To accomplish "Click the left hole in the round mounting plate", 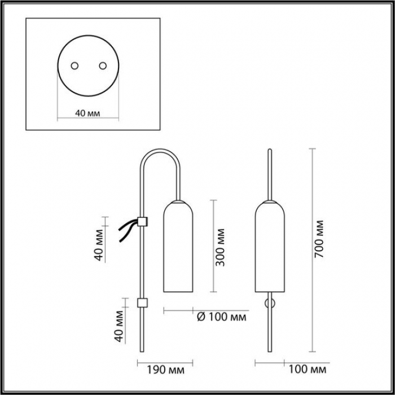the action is (x=74, y=66).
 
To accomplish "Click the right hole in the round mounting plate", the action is (x=103, y=66).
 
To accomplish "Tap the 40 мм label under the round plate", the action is (x=87, y=113).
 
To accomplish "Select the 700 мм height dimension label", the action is (x=319, y=239).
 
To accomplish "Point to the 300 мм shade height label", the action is (x=220, y=247).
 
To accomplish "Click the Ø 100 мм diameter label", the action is (x=221, y=317).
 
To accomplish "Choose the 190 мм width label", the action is (x=165, y=370).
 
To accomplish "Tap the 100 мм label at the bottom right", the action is (x=307, y=369).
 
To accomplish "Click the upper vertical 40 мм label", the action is (x=99, y=245).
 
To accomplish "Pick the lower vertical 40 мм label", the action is (x=119, y=326).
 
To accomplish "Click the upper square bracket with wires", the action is (x=142, y=221).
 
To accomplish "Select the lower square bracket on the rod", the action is (x=142, y=303).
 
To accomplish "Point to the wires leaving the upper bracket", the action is (x=129, y=230).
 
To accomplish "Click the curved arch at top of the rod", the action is (x=160, y=161).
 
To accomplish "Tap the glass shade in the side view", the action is (x=178, y=247).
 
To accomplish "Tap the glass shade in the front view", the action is (x=270, y=247).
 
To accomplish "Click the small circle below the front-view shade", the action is (x=270, y=304).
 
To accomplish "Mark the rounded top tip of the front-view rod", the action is (x=270, y=149).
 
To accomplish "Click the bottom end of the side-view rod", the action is (x=142, y=351).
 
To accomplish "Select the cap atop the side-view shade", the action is (x=178, y=201).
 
